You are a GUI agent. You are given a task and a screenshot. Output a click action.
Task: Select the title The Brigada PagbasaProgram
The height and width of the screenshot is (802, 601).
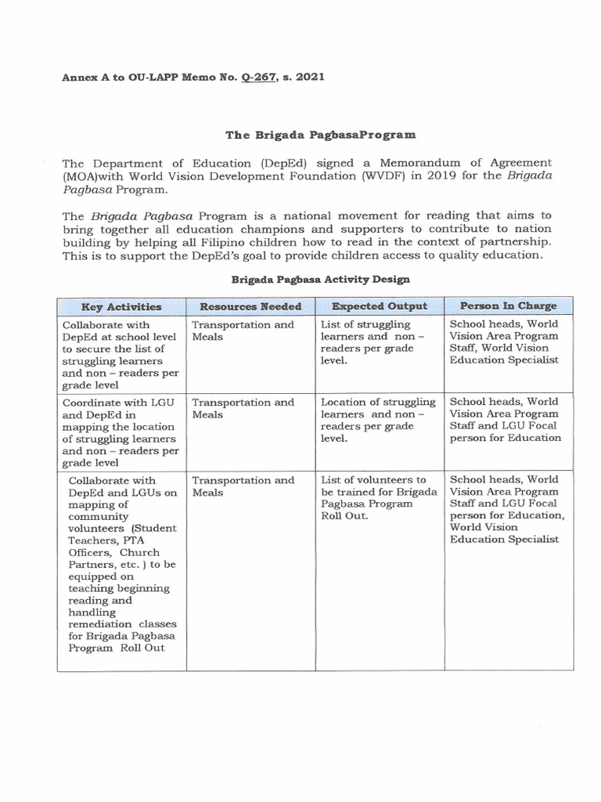tap(321, 135)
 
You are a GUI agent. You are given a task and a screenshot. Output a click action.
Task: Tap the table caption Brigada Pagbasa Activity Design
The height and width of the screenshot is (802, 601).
tap(320, 279)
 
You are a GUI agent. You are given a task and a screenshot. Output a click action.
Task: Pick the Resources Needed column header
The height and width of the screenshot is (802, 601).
tap(250, 306)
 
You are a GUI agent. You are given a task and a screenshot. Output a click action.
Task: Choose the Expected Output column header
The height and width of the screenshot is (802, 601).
tap(379, 306)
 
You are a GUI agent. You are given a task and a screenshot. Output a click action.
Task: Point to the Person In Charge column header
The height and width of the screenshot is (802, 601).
tap(508, 305)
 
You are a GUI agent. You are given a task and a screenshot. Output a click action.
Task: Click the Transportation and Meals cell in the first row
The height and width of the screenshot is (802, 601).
tap(243, 331)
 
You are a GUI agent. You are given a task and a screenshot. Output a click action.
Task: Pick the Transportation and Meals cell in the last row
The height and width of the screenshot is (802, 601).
tap(243, 486)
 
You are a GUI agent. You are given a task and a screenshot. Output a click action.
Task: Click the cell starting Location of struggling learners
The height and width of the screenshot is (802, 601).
tap(377, 420)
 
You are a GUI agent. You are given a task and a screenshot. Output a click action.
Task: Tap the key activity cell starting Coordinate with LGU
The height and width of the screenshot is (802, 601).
tap(122, 432)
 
